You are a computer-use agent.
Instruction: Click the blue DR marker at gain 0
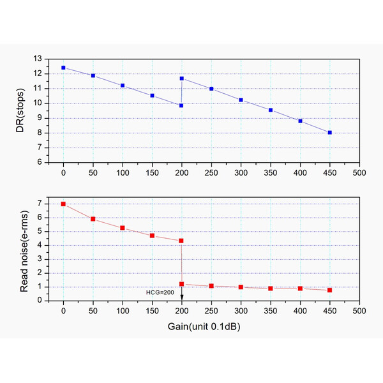63,67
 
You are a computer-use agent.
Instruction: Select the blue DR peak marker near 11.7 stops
182,79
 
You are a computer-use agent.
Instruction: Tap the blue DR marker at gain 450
330,133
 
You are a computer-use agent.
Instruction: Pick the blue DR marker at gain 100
123,86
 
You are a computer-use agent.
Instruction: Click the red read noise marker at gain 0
63,204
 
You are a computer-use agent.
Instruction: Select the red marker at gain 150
152,236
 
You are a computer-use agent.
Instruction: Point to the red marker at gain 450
330,290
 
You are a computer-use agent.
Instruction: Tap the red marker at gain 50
93,219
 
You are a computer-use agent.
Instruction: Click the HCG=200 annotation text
160,292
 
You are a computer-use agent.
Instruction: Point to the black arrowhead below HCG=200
182,297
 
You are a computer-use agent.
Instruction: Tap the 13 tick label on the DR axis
38,59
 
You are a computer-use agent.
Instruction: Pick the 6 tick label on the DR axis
40,163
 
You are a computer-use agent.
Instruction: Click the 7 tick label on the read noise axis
40,204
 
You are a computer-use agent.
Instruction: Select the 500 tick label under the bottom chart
359,312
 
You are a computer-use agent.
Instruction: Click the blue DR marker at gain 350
271,110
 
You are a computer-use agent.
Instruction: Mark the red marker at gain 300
241,287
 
